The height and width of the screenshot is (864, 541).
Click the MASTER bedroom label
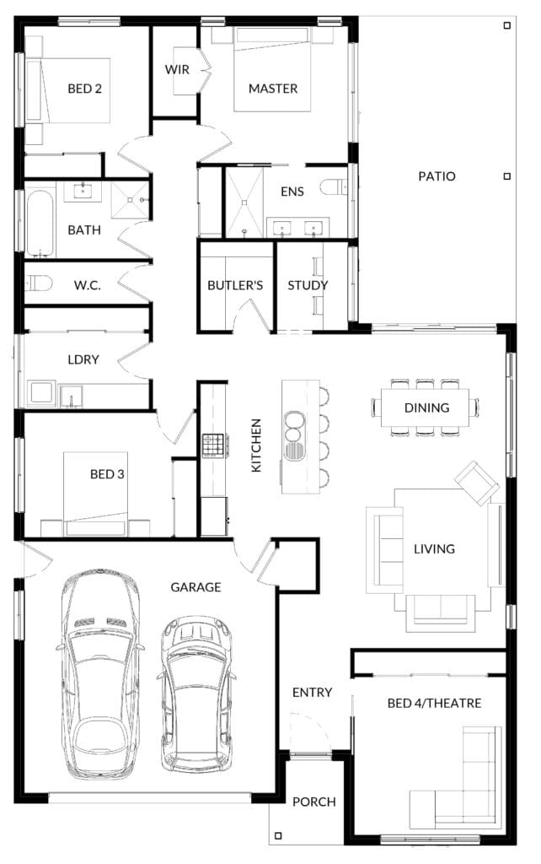tap(273, 89)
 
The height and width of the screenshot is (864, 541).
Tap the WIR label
tap(177, 70)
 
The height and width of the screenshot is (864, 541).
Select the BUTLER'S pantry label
tap(235, 285)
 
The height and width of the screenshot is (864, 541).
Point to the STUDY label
tap(308, 285)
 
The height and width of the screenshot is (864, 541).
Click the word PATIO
tap(437, 176)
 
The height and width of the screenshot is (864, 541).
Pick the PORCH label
tap(313, 802)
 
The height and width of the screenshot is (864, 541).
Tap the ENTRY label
tap(312, 693)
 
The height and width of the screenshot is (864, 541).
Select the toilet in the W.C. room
tap(39, 283)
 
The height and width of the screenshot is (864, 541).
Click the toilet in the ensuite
tap(334, 187)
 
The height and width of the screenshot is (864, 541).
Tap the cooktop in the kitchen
tap(215, 445)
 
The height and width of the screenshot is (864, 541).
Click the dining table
tap(425, 408)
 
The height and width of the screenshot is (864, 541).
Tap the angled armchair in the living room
tap(477, 483)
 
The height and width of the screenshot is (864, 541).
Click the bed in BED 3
tap(96, 494)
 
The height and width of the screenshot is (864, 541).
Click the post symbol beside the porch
tap(278, 836)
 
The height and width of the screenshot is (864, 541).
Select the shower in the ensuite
tap(244, 202)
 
